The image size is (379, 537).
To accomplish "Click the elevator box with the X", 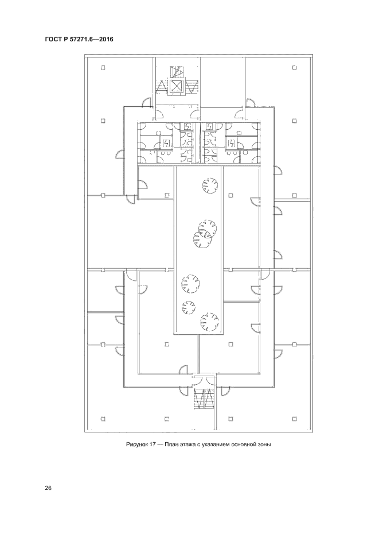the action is coord(177,86).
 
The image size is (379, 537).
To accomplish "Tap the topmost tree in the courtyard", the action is coord(210,186).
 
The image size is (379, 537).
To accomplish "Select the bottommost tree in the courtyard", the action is coord(209,321).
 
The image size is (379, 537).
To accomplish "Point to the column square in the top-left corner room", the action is coord(103,68).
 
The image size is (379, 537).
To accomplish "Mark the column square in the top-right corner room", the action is coord(294,68).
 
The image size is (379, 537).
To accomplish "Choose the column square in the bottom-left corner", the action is coord(103,419).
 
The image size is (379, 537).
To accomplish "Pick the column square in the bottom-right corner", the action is coord(294,419).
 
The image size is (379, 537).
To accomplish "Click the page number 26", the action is coord(48,488).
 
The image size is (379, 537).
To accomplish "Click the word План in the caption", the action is coord(170,445).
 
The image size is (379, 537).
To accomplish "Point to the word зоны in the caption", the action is coord(264,445).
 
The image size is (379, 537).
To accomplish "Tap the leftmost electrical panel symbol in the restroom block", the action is coord(166,142).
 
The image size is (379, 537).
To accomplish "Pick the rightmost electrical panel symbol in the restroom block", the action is coord(232,142).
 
